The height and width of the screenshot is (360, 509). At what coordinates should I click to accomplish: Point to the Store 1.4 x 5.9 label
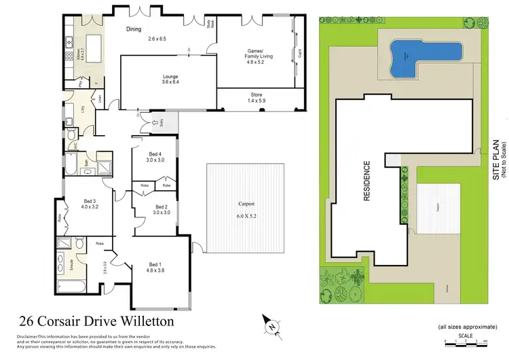tap(255, 97)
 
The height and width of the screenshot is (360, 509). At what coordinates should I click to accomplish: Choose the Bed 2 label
tap(161, 209)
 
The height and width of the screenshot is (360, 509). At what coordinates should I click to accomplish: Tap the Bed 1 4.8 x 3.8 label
tap(154, 268)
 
